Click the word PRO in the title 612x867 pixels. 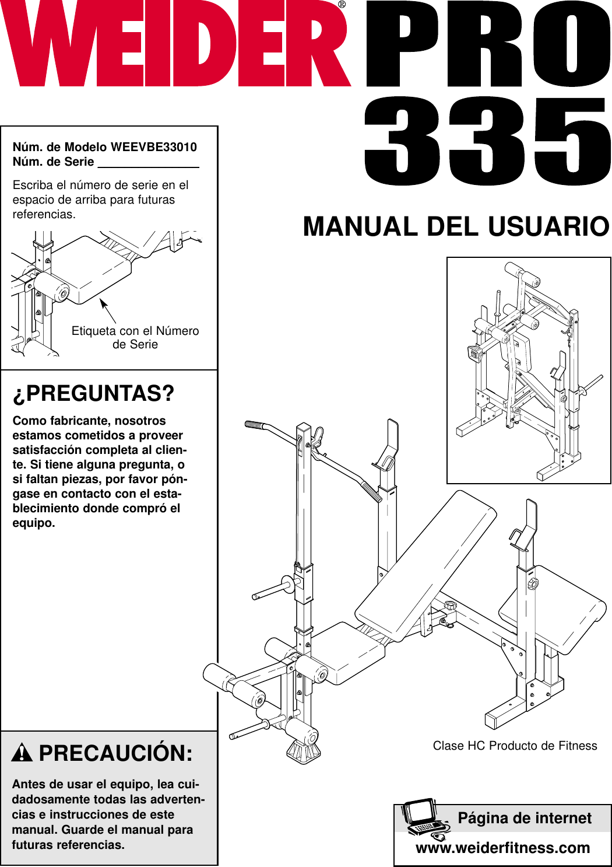click(x=487, y=46)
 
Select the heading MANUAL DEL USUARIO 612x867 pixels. click(x=456, y=227)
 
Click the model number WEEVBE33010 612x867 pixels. click(x=153, y=147)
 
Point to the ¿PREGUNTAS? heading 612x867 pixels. click(x=93, y=394)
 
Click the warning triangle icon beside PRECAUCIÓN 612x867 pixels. click(x=22, y=753)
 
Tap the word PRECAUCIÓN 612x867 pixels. click(x=115, y=753)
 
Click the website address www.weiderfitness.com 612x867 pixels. click(x=502, y=848)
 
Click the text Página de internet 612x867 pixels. click(x=525, y=819)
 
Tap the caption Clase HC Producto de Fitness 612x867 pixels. click(x=515, y=746)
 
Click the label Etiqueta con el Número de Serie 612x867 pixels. click(x=135, y=337)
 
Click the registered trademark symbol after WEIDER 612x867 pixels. click(x=342, y=5)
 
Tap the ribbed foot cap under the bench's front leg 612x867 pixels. click(x=304, y=752)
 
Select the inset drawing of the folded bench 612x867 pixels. click(x=528, y=370)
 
